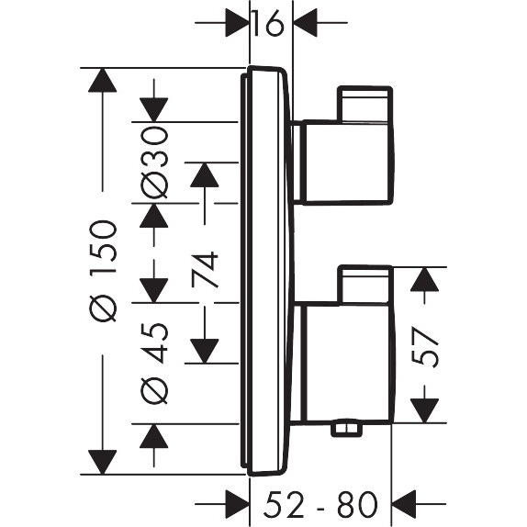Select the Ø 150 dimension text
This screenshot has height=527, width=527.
(104, 270)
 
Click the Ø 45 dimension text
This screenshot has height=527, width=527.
(155, 362)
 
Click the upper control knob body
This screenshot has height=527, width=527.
(343, 162)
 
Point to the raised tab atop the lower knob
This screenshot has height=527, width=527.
(364, 284)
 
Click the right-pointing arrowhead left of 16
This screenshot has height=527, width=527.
(237, 23)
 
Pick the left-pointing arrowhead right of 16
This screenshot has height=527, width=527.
(307, 23)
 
